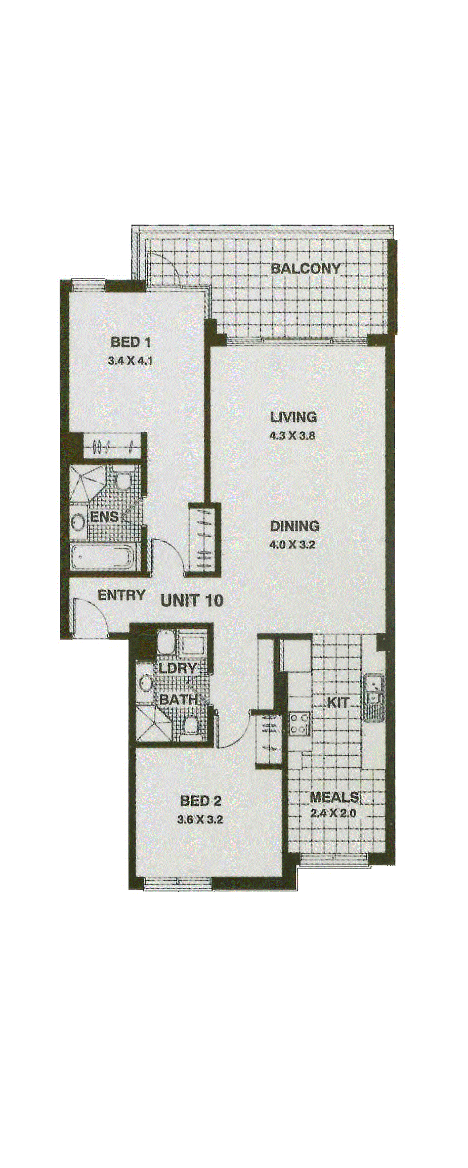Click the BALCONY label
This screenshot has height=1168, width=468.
click(x=306, y=269)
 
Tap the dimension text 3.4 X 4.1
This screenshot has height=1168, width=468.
click(x=130, y=361)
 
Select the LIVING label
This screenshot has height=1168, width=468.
click(x=293, y=417)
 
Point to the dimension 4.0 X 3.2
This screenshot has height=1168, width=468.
click(x=292, y=545)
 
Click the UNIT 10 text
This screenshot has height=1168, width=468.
click(x=192, y=600)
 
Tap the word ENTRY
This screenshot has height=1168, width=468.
click(x=121, y=595)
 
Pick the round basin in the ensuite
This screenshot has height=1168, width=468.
click(x=78, y=522)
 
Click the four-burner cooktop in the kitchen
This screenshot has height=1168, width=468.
click(x=300, y=723)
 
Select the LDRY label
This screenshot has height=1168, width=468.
click(x=178, y=668)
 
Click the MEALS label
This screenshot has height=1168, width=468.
click(x=334, y=798)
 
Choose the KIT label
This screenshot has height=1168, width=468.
click(x=337, y=703)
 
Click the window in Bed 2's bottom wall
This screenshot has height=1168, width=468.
click(x=177, y=883)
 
